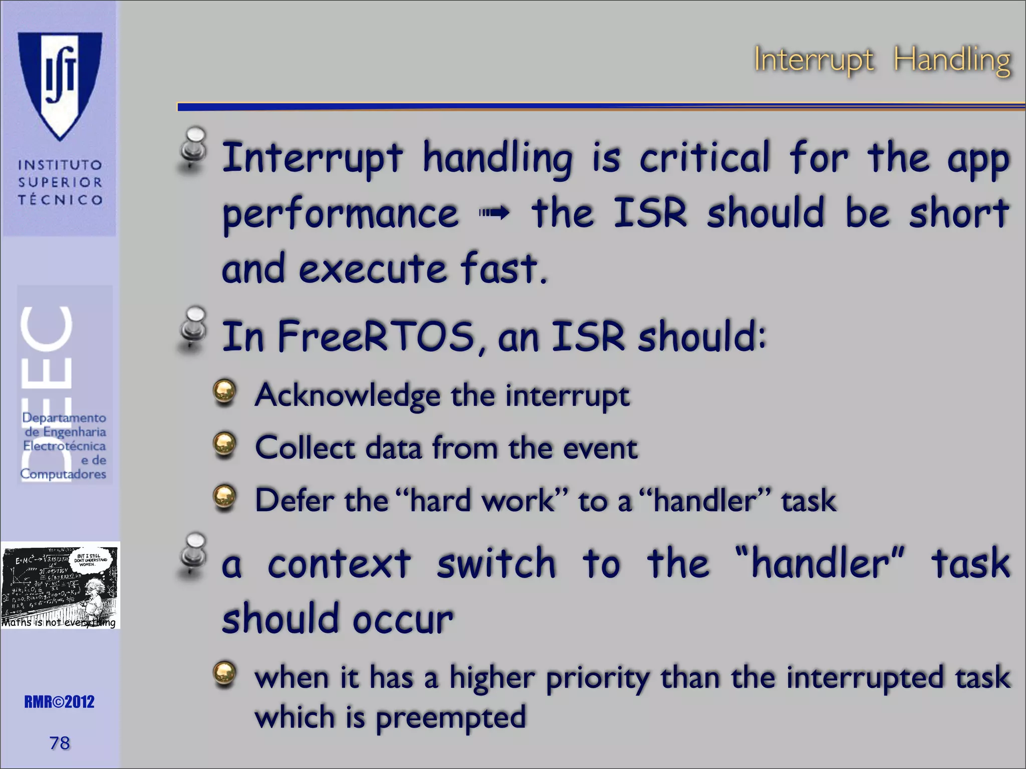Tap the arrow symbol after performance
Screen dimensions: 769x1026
click(x=494, y=214)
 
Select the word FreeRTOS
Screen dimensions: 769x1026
click(x=376, y=336)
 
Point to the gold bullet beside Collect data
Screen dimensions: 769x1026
click(x=224, y=444)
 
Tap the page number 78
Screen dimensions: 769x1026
click(x=60, y=743)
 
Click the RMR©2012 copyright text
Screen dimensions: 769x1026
click(x=59, y=702)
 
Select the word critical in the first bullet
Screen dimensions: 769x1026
click(x=704, y=158)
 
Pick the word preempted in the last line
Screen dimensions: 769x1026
click(x=450, y=717)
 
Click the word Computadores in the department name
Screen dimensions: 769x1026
click(x=63, y=474)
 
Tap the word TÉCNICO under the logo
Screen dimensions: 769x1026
click(x=60, y=200)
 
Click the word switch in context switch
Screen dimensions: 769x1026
click(x=496, y=563)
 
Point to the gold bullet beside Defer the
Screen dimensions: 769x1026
click(x=224, y=497)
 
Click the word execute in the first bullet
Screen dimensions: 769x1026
click(x=372, y=269)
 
